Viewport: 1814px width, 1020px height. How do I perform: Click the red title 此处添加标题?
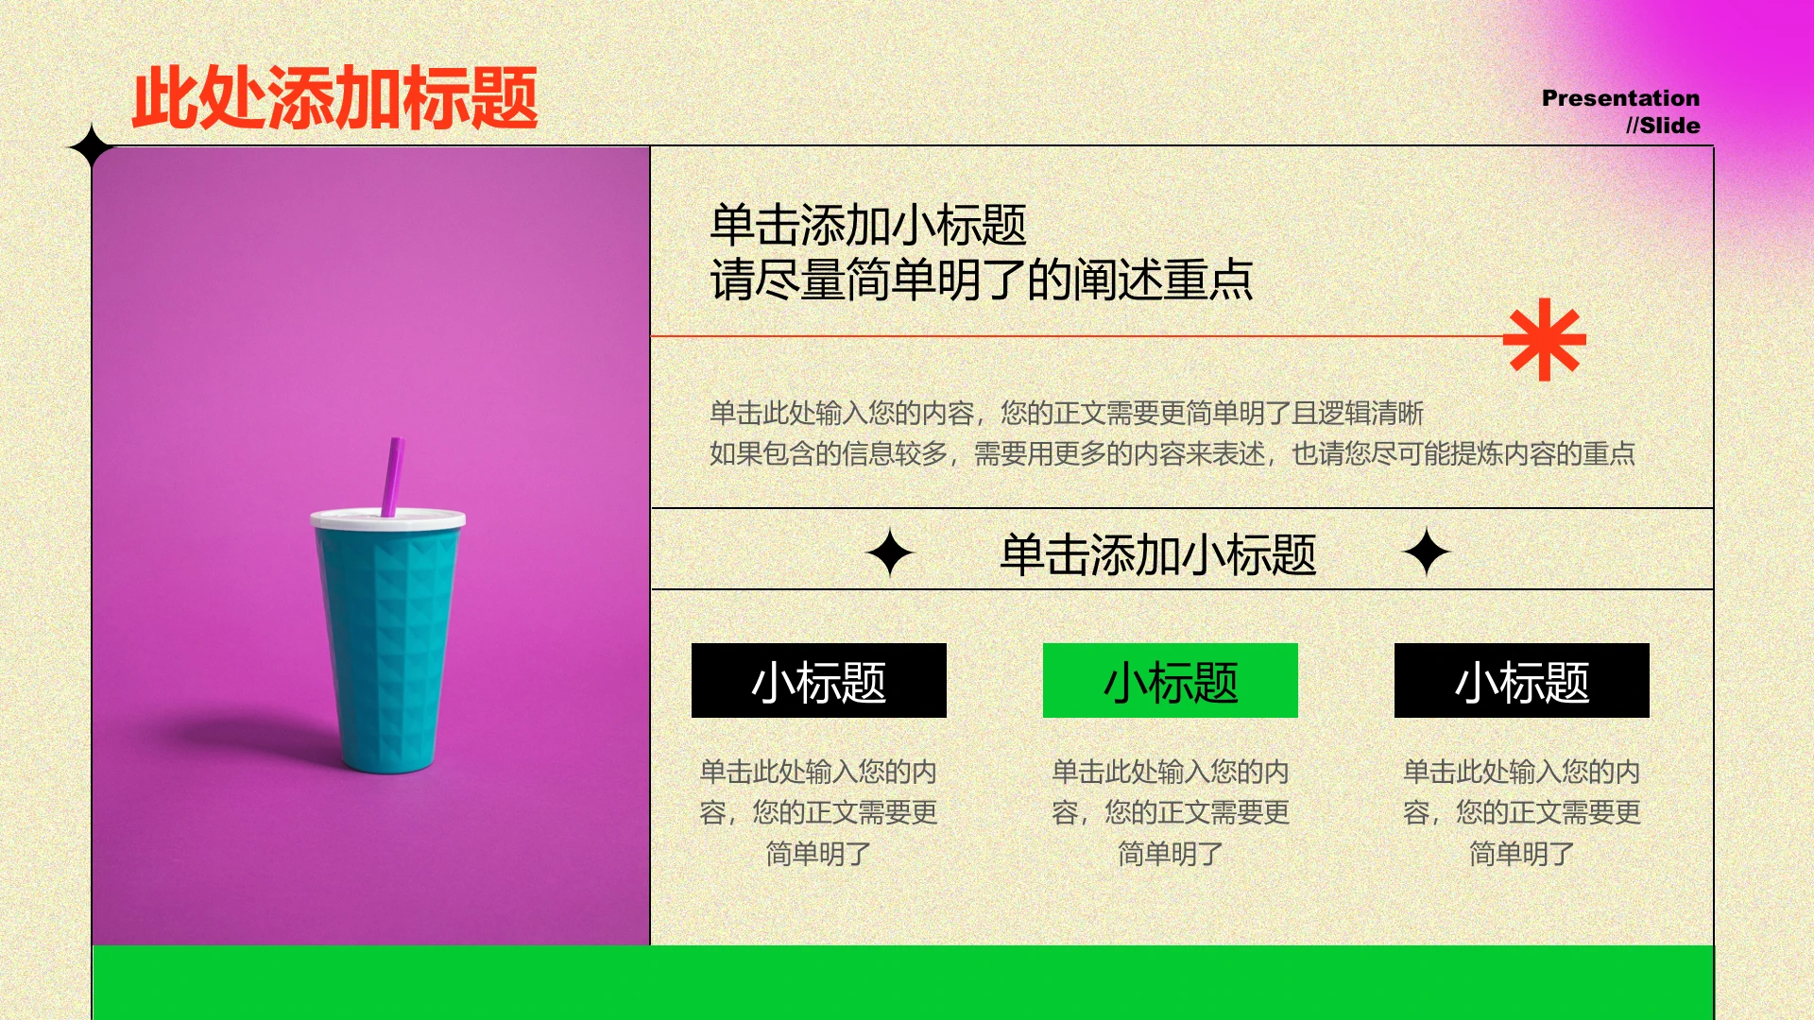[335, 97]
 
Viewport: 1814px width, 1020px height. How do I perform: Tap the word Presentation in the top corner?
[1619, 98]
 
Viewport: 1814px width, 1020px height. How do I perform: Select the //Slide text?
[1662, 126]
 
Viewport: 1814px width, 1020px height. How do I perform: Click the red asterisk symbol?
[1544, 340]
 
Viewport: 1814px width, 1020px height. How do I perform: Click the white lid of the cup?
[387, 519]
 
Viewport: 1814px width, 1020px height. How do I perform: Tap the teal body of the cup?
[387, 642]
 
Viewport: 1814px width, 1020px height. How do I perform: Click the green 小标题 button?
[1170, 681]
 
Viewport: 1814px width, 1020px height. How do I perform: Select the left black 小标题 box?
[818, 681]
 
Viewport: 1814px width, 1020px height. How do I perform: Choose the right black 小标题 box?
[1521, 681]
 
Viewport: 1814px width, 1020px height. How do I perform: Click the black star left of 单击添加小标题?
[890, 553]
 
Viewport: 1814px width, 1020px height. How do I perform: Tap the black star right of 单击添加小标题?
[1426, 552]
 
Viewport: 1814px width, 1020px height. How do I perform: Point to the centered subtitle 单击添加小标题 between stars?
[1157, 554]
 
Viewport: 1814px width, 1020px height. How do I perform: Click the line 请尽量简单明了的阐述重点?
[981, 280]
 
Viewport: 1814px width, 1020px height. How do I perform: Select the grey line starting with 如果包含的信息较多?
[1172, 454]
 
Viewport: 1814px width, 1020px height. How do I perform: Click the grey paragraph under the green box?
[1170, 812]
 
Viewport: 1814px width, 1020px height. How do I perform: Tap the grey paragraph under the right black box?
[1521, 812]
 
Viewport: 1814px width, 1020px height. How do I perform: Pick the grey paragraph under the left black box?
[818, 812]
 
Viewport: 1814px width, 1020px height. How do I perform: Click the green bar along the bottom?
[902, 982]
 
